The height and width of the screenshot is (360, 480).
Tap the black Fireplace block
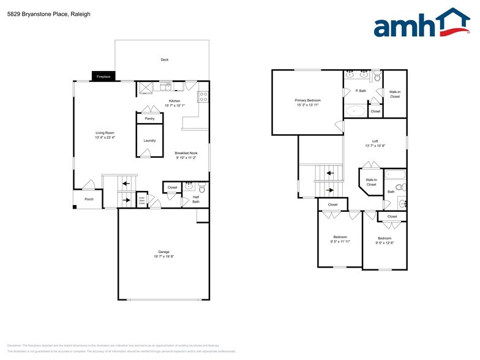pyautogui.click(x=103, y=77)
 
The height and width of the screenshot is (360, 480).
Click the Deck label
pyautogui.click(x=164, y=59)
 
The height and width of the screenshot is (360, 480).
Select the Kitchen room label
pyautogui.click(x=174, y=100)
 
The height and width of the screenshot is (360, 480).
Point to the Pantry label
pyautogui.click(x=149, y=118)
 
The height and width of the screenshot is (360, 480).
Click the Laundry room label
pyautogui.click(x=149, y=141)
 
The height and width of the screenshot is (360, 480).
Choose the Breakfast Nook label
pyautogui.click(x=186, y=153)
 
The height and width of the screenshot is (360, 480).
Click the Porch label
pyautogui.click(x=89, y=199)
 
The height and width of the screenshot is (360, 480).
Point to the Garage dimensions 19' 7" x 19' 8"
pyautogui.click(x=163, y=257)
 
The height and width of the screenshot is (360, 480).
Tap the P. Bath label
pyautogui.click(x=361, y=91)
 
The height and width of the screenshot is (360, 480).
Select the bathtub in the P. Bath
pyautogui.click(x=354, y=111)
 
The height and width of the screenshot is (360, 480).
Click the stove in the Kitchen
pyautogui.click(x=204, y=96)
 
